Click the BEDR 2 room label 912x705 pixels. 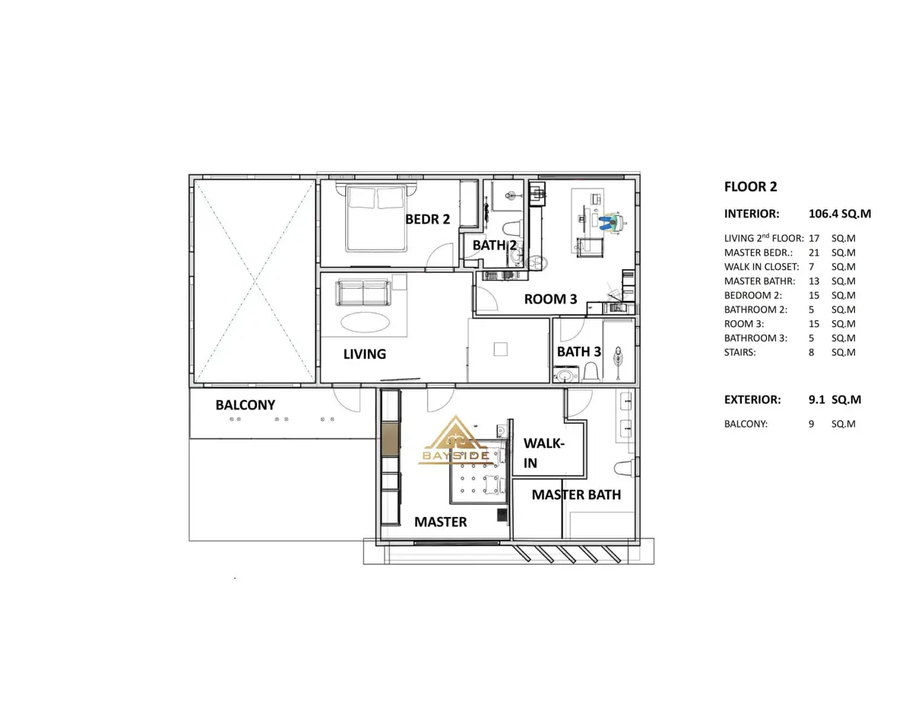point(427,219)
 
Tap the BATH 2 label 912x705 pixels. point(495,245)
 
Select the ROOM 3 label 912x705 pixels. point(550,299)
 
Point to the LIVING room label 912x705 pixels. point(364,354)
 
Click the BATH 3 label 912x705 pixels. point(579,351)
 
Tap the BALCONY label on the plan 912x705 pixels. point(245,405)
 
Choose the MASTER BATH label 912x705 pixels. point(576,494)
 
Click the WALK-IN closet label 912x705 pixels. point(544,453)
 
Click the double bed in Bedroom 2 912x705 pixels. point(376,218)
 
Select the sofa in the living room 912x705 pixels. point(363,292)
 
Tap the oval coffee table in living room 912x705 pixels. point(365,322)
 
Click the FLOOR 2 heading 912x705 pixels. point(750,186)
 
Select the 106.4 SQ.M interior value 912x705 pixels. point(839,214)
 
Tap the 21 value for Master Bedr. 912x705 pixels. point(814,252)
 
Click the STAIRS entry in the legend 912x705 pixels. point(740,352)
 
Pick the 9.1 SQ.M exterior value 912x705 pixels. point(834,399)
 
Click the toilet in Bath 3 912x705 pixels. point(591,372)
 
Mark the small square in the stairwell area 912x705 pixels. point(500,349)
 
